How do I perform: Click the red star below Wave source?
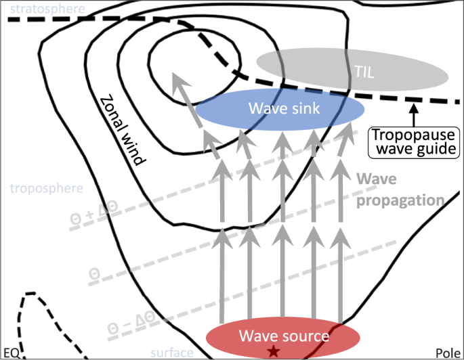tap(273, 351)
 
